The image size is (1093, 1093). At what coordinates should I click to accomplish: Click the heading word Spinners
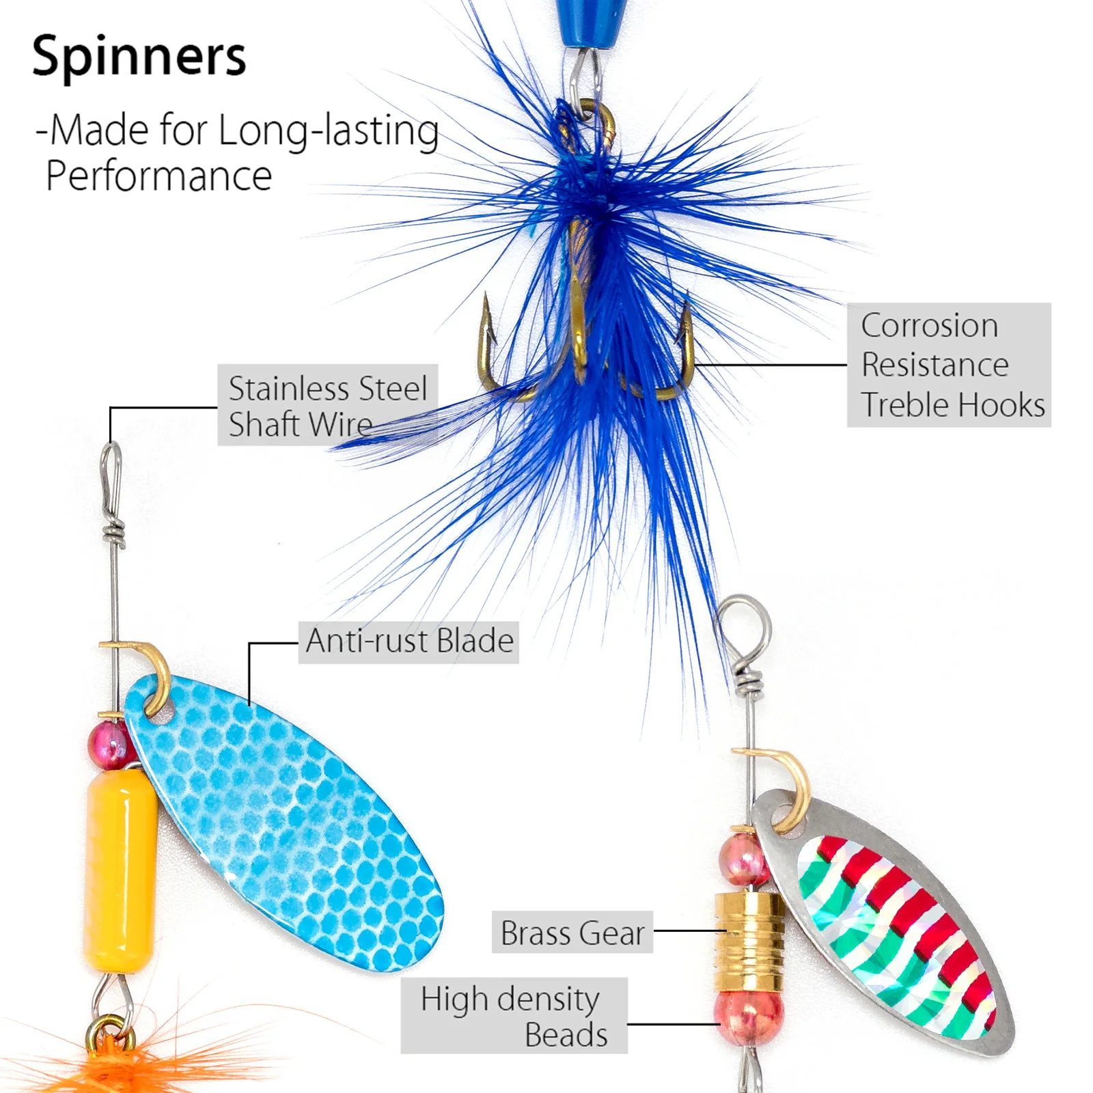(139, 57)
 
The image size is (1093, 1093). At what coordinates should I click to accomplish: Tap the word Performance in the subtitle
(159, 176)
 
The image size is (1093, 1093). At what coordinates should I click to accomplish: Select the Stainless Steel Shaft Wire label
(327, 406)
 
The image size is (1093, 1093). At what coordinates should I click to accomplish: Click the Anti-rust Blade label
(409, 641)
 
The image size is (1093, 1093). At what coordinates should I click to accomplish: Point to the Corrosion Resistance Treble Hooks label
(948, 365)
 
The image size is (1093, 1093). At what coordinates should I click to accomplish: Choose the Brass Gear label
(572, 932)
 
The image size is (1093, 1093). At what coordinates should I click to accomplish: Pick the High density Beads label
(514, 1016)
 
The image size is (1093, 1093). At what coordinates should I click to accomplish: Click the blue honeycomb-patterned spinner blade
(287, 820)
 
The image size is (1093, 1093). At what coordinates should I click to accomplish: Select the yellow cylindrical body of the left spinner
(121, 871)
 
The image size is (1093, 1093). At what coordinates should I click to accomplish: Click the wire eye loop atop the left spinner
(112, 471)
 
